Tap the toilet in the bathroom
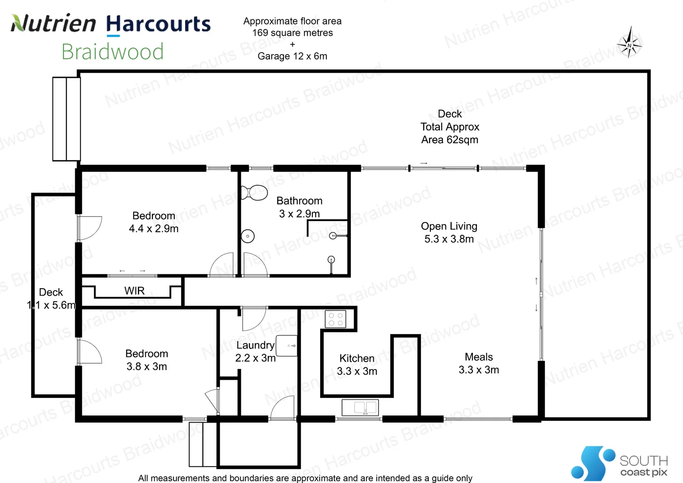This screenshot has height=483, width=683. (x=254, y=193)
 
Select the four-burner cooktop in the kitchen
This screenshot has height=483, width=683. (x=335, y=319)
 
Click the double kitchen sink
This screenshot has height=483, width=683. (x=360, y=407)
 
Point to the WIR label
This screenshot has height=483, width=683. (x=134, y=291)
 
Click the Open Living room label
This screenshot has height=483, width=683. (x=449, y=232)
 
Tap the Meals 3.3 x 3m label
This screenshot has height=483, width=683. (x=478, y=363)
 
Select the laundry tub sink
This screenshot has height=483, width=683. (x=287, y=346)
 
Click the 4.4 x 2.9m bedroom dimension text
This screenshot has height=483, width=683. (x=153, y=229)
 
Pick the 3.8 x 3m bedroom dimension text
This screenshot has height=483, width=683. (x=147, y=367)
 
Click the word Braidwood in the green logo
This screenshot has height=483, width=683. (x=113, y=52)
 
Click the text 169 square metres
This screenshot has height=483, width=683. (x=292, y=33)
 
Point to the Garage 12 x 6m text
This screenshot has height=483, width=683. (x=292, y=56)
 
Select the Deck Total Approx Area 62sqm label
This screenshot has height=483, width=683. (x=450, y=127)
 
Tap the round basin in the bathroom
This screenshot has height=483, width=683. (x=248, y=236)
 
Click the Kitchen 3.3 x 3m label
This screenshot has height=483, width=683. (x=357, y=364)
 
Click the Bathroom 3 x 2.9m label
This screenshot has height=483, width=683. (x=299, y=207)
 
